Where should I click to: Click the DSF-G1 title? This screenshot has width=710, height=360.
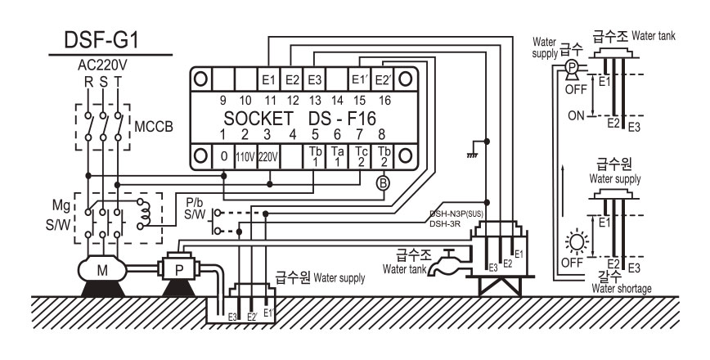tap(101, 39)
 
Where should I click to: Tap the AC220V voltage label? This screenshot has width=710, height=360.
tap(103, 65)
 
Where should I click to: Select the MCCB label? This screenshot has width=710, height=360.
tap(154, 126)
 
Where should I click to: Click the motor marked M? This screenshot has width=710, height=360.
tap(102, 270)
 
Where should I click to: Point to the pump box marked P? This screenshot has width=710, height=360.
tap(179, 270)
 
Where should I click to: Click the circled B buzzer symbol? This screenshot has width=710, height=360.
tap(383, 183)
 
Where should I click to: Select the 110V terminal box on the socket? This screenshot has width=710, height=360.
tap(246, 157)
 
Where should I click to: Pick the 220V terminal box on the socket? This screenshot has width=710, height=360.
tap(268, 157)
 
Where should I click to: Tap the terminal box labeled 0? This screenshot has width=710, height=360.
tap(223, 157)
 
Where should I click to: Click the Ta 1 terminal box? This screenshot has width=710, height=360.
tap(337, 157)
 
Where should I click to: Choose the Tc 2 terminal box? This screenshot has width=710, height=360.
tap(360, 157)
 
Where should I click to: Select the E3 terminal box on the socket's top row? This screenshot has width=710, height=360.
tap(314, 79)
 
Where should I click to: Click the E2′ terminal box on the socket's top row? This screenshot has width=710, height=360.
tap(383, 79)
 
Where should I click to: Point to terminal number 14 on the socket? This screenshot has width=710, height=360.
tap(337, 101)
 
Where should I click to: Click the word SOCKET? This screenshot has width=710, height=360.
tap(258, 118)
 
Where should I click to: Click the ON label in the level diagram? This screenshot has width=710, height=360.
tap(576, 116)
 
